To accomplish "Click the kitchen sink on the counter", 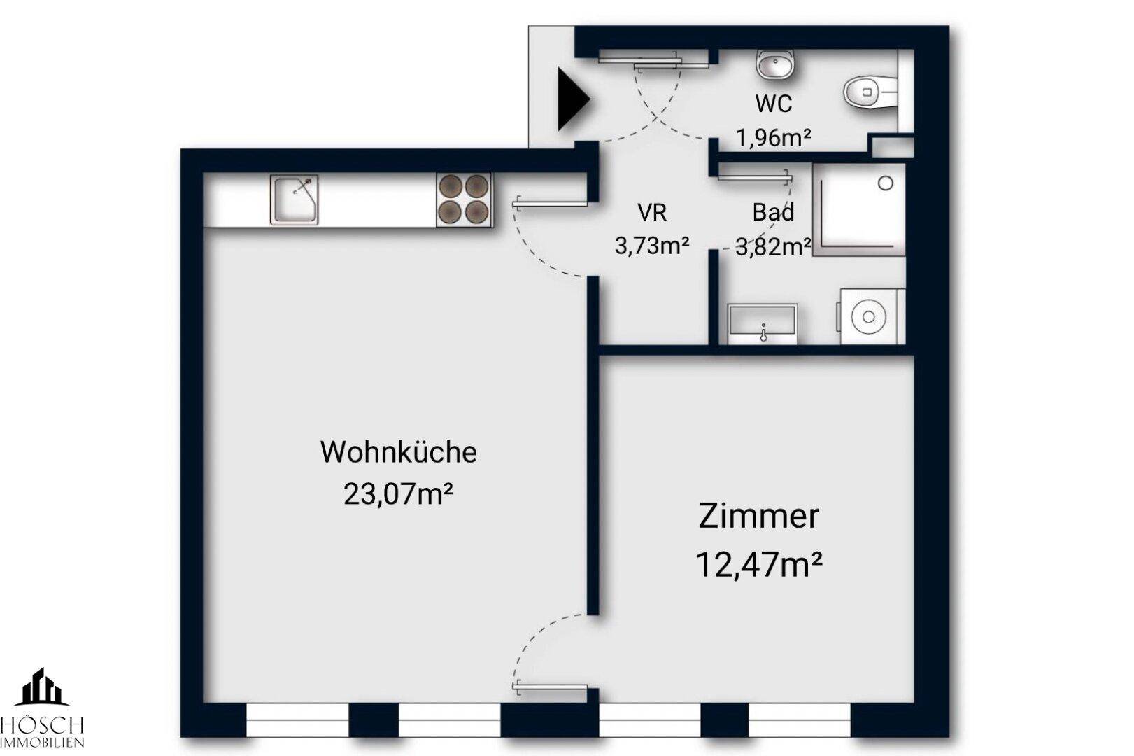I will [294, 199].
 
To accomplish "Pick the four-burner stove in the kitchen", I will [464, 199].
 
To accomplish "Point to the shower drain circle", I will [886, 183].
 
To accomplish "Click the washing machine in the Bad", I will [870, 317].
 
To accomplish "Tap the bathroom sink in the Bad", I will [762, 324].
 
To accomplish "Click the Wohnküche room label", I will [398, 451].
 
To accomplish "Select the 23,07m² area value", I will [398, 494].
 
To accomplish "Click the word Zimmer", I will [758, 516].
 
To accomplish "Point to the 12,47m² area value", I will [758, 564].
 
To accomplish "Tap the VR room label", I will [652, 211].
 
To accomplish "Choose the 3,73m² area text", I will [652, 245].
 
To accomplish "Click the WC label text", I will [774, 104].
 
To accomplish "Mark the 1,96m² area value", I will [774, 137].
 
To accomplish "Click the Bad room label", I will [773, 211].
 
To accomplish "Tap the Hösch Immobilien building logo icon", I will [42, 687].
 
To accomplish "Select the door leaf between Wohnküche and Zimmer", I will [550, 687].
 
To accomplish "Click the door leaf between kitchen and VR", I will [550, 204].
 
